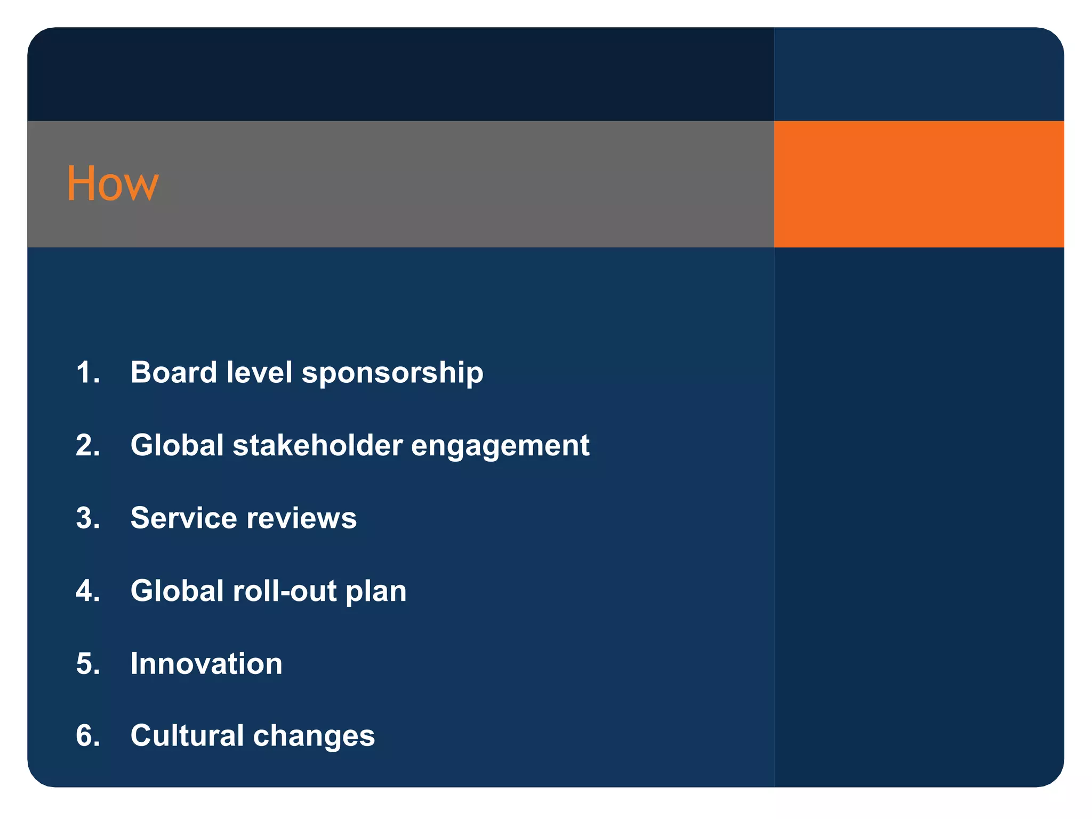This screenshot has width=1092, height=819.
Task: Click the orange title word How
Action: [x=113, y=183]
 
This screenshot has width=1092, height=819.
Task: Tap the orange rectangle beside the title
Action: [x=918, y=184]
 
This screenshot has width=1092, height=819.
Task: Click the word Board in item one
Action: [x=173, y=372]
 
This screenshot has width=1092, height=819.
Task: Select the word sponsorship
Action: [x=392, y=373]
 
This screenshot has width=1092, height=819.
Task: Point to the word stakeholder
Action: [x=317, y=445]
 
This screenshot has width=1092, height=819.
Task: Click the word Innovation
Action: [x=206, y=664]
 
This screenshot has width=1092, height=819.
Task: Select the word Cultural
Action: [x=187, y=736]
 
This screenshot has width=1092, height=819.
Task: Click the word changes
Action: [x=314, y=737]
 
